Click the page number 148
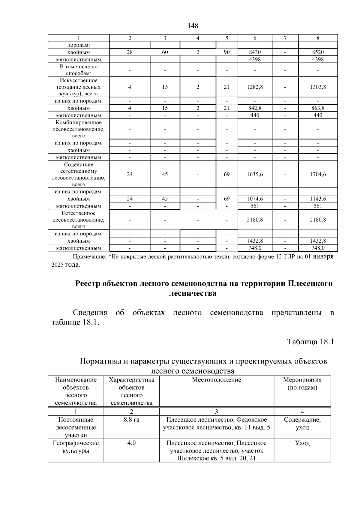pyautogui.click(x=193, y=26)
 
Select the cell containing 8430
pyautogui.click(x=255, y=52)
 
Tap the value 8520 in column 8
pyautogui.click(x=318, y=52)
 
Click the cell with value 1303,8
pyautogui.click(x=318, y=87)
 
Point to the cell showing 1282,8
pyautogui.click(x=255, y=87)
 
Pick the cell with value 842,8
pyautogui.click(x=255, y=108)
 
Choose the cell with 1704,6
pyautogui.click(x=318, y=174)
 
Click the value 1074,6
pyautogui.click(x=255, y=199)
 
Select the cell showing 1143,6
pyautogui.click(x=318, y=199)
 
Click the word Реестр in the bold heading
pyautogui.click(x=87, y=283)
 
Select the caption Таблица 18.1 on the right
pyautogui.click(x=310, y=342)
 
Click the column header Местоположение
pyautogui.click(x=216, y=380)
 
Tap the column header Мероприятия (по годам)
pyautogui.click(x=302, y=384)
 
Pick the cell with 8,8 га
pyautogui.click(x=131, y=420)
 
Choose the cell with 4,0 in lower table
pyautogui.click(x=131, y=443)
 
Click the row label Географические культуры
pyautogui.click(x=76, y=447)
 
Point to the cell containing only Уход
pyautogui.click(x=302, y=443)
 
